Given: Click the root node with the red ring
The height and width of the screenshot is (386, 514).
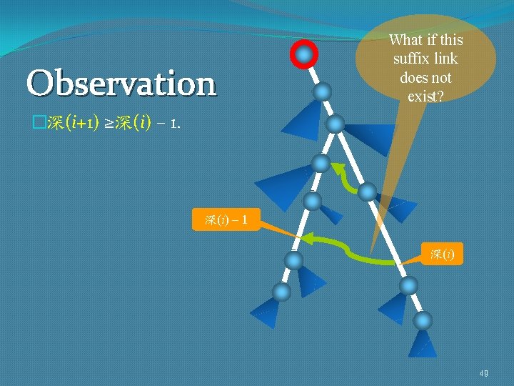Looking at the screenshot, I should (x=305, y=54).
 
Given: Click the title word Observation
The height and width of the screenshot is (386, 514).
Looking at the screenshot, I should (x=121, y=84).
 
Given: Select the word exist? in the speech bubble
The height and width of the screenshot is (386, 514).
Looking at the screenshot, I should (x=425, y=96).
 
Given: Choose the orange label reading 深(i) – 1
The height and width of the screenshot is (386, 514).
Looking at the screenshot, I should (x=226, y=220).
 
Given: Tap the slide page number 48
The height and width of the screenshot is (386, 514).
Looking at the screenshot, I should (x=484, y=372).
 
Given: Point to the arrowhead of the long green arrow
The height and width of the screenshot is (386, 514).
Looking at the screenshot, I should (x=305, y=239).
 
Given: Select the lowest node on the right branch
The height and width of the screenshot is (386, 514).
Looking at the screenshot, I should (x=423, y=320).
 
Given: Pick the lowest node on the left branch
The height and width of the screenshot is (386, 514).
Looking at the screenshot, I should (x=282, y=292).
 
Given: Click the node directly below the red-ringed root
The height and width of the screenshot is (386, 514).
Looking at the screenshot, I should (x=323, y=91).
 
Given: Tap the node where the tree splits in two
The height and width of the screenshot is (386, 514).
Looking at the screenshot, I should (x=334, y=124).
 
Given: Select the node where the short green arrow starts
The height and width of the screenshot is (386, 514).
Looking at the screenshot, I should (x=367, y=192).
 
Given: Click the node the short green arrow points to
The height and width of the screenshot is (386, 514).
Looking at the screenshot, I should (x=321, y=164).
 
